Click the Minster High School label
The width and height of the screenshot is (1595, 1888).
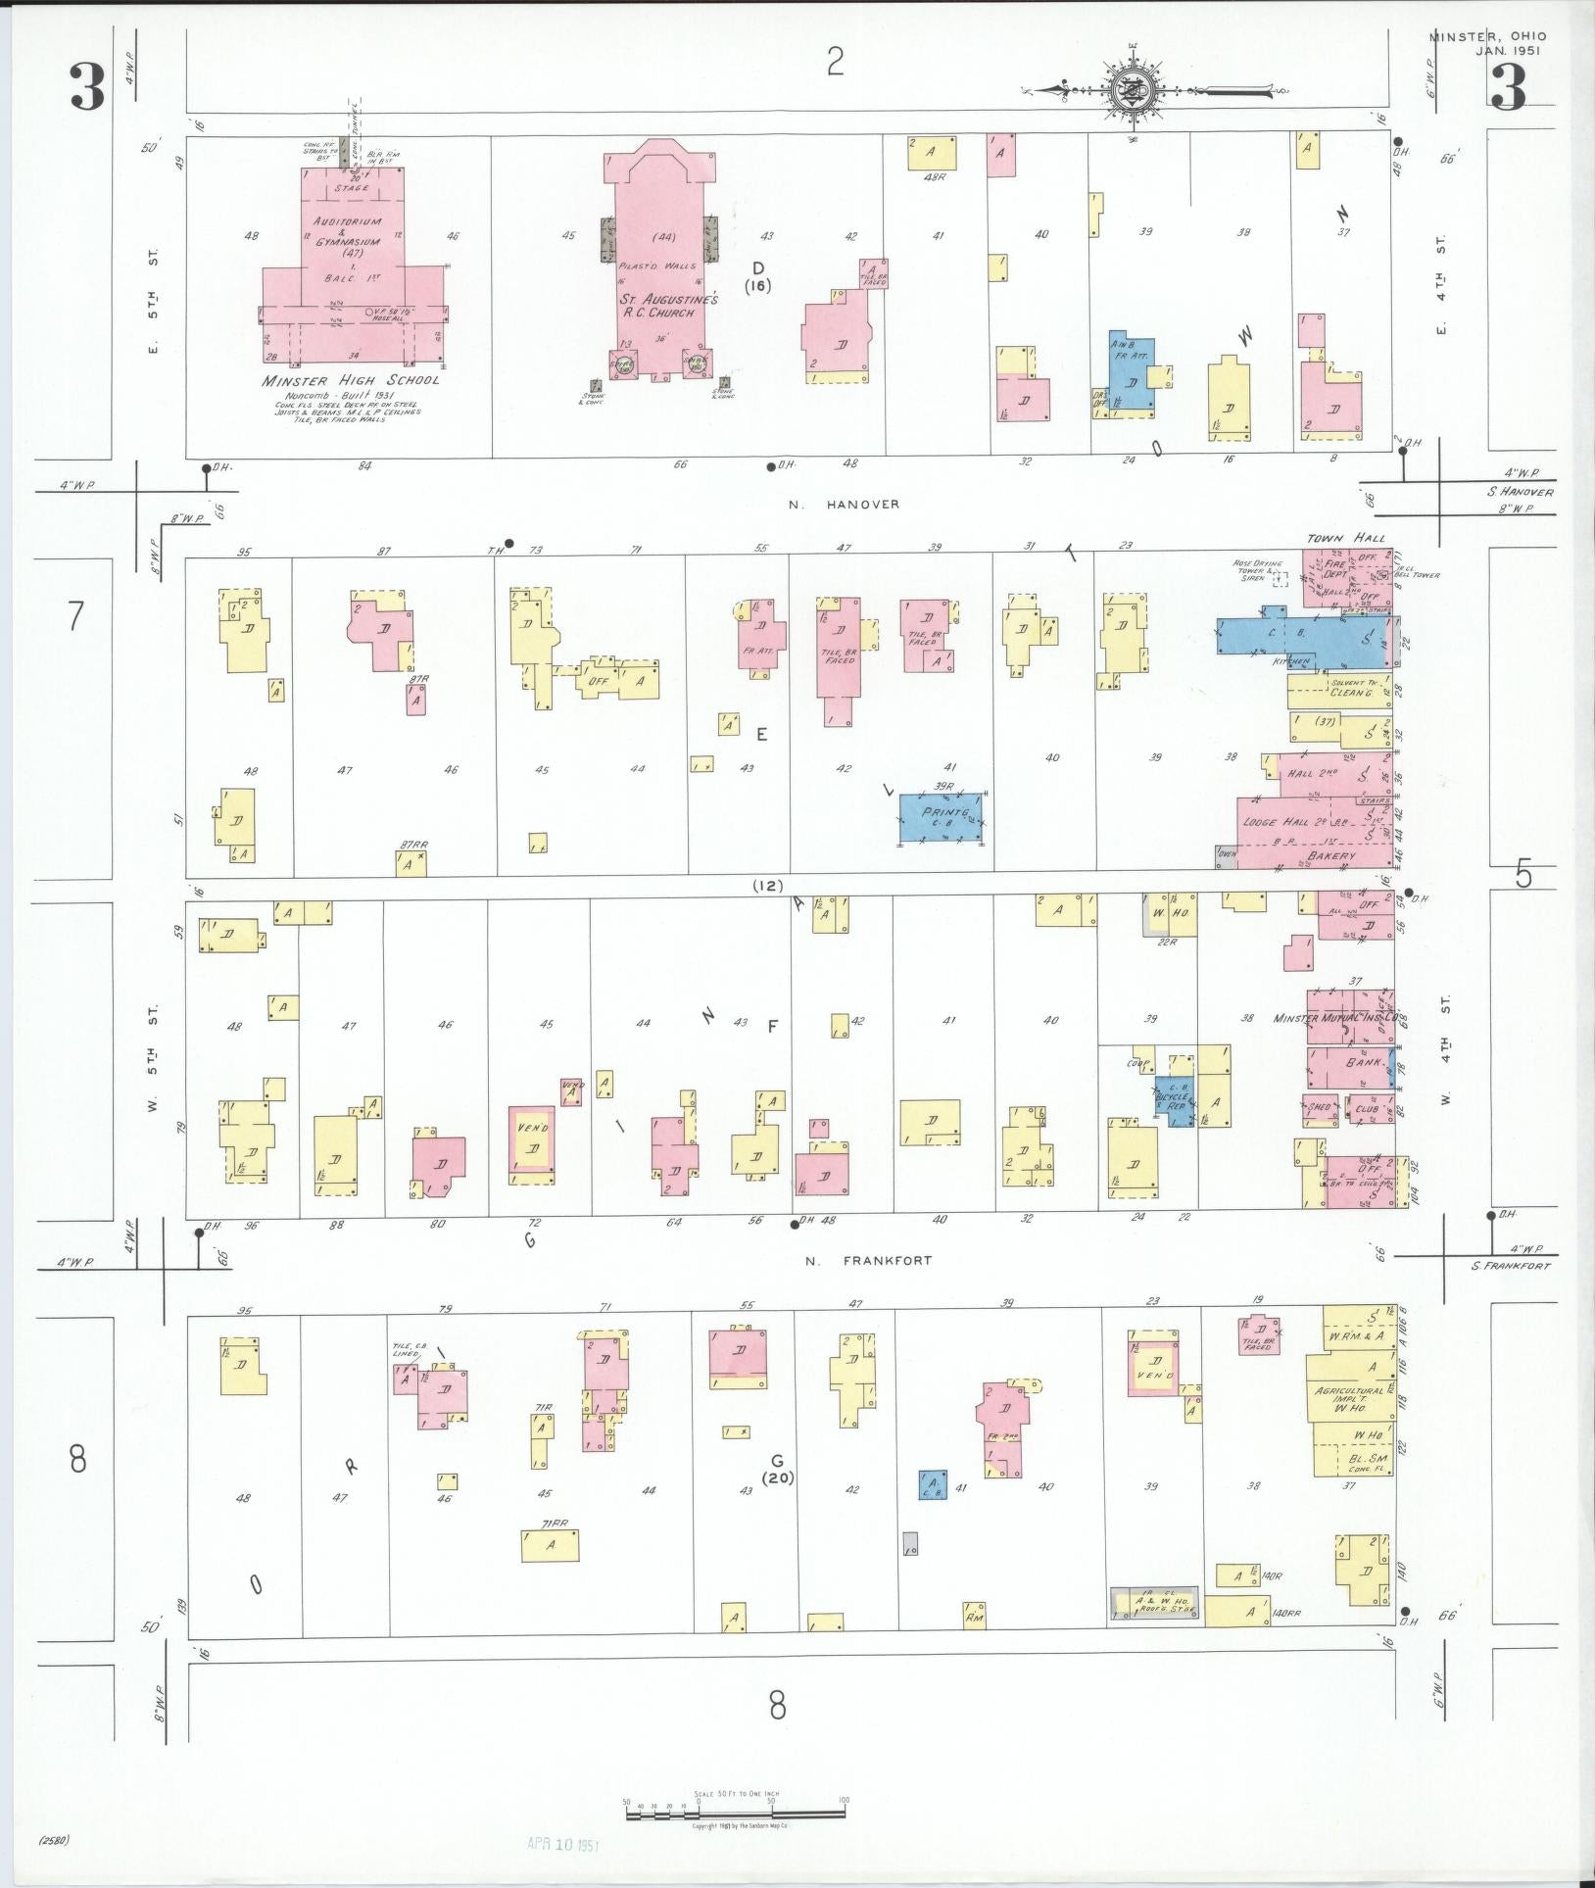click(350, 380)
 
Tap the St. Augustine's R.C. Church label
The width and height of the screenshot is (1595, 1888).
click(667, 305)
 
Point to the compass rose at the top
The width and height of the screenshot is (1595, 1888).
click(1133, 90)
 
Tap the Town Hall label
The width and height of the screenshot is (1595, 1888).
click(1358, 539)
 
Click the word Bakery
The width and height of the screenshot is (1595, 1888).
click(1331, 856)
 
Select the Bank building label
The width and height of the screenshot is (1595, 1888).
click(1362, 1062)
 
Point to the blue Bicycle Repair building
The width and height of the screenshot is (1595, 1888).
click(1174, 1102)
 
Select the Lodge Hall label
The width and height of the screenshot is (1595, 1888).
click(1283, 824)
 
